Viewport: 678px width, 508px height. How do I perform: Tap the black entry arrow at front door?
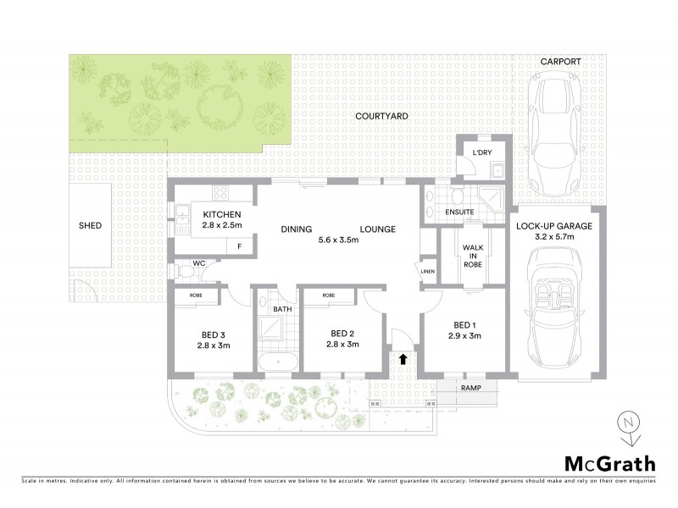coord(403,359)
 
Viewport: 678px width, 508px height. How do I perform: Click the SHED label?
coord(90,226)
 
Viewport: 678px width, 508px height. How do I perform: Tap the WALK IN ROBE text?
coord(472,256)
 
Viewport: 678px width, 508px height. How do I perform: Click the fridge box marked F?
coord(240,247)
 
